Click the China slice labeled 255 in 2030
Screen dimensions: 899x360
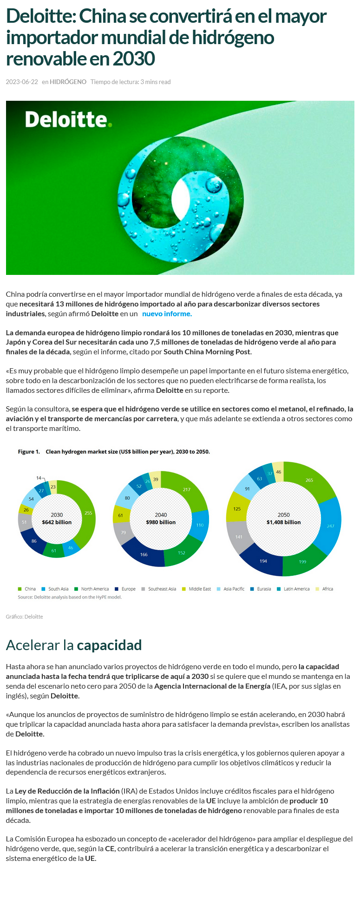pos(88,513)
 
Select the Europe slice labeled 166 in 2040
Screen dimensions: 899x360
pos(144,554)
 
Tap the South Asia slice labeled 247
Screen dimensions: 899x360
pos(330,526)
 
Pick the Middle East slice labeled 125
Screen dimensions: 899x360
pos(237,508)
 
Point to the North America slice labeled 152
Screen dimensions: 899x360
pos(182,553)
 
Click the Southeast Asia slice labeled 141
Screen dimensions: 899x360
pos(239,537)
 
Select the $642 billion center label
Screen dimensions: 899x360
pos(57,522)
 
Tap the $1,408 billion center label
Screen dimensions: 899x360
pos(283,522)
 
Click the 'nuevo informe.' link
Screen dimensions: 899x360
pos(167,314)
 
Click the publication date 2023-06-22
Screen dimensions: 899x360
pos(22,82)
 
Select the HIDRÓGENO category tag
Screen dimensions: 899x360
pos(68,82)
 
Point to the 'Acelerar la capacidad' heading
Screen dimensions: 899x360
pos(74,645)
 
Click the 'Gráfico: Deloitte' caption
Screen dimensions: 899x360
pos(24,617)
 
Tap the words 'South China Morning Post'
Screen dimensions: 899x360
pos(207,352)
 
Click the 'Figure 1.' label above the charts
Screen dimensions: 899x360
pos(29,451)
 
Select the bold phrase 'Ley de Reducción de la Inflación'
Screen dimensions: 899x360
pos(67,791)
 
